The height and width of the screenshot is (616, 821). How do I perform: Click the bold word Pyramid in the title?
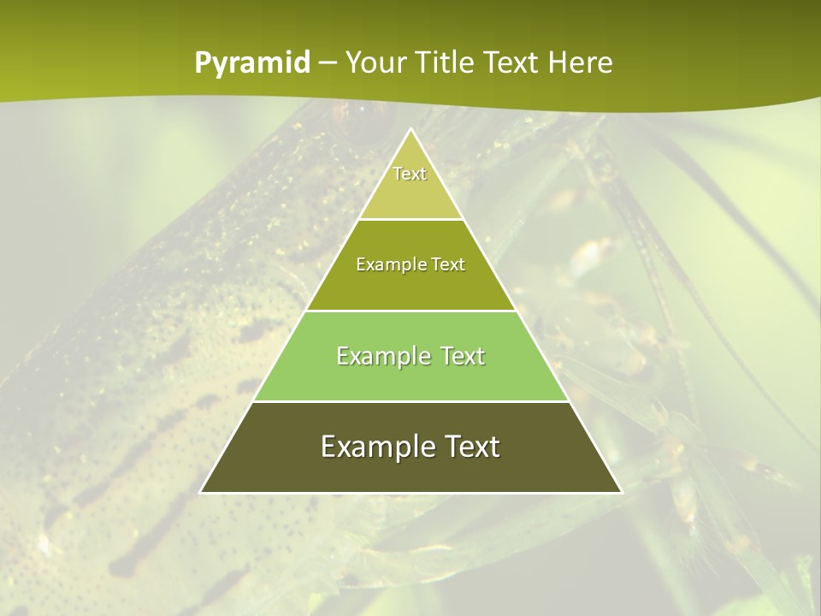point(251,63)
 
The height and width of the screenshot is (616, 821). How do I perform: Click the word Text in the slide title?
point(513,63)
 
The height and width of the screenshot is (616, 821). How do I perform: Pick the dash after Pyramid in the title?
point(328,64)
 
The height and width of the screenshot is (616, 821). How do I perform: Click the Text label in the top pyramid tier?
point(410,174)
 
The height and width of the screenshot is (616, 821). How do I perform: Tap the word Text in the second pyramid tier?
point(448,265)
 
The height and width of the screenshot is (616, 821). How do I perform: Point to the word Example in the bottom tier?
point(372,447)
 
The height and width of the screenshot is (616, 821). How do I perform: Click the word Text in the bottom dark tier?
point(470,447)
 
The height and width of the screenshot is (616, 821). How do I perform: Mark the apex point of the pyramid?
point(410,128)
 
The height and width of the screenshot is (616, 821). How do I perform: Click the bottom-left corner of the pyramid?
point(200,493)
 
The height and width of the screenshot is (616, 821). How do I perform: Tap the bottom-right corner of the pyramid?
point(622,493)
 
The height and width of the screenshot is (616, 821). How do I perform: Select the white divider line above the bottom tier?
point(410,401)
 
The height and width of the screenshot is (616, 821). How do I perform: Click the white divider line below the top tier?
point(410,219)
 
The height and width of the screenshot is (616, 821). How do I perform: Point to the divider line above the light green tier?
point(410,311)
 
